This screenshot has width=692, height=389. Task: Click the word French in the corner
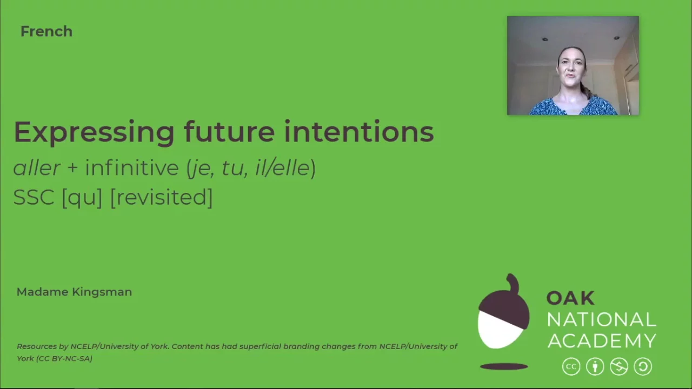click(46, 31)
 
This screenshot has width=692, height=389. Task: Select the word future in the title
click(229, 132)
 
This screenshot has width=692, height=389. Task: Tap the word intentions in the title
click(359, 132)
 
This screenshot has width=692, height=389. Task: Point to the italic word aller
click(36, 167)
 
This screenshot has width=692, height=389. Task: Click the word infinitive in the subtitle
click(131, 167)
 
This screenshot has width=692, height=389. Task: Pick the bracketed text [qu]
click(82, 197)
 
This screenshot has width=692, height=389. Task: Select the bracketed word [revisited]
click(161, 197)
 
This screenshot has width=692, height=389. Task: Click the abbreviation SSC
click(34, 197)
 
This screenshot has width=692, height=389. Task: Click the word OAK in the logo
click(570, 298)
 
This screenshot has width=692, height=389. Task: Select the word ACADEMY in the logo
click(601, 341)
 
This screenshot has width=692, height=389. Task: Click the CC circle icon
click(571, 367)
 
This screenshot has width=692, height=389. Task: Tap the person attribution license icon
click(595, 367)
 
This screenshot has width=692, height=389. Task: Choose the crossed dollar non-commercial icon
click(619, 367)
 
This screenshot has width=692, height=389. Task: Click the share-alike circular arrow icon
click(643, 367)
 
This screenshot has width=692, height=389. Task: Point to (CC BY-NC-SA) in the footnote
click(64, 358)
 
